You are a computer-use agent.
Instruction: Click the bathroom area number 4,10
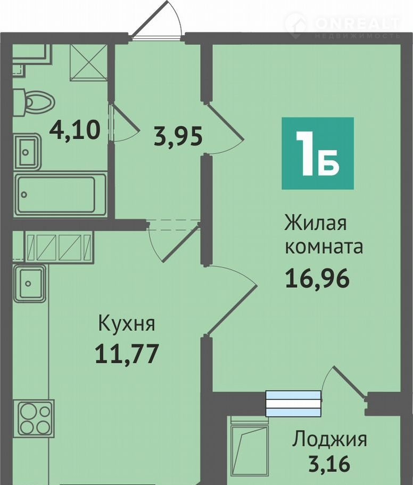coord(75,130)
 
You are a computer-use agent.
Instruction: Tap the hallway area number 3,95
coord(178,136)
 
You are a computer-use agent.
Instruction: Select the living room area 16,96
coord(317,278)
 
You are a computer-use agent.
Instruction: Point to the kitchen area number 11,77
coord(127,353)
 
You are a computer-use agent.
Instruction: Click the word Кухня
coord(127,324)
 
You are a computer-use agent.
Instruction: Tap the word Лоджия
coord(329,440)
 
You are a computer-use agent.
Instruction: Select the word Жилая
coord(316,223)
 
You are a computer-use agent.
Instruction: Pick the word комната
coord(324,247)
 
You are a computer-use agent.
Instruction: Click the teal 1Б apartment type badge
coord(318,153)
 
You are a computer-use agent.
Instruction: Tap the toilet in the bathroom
coord(34,102)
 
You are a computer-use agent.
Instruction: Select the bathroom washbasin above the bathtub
coord(27,152)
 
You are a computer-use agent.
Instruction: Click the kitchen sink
coord(29,284)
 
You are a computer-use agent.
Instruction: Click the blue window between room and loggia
coord(293,403)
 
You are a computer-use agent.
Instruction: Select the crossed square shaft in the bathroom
coord(89,62)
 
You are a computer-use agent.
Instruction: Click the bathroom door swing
coord(123,123)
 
